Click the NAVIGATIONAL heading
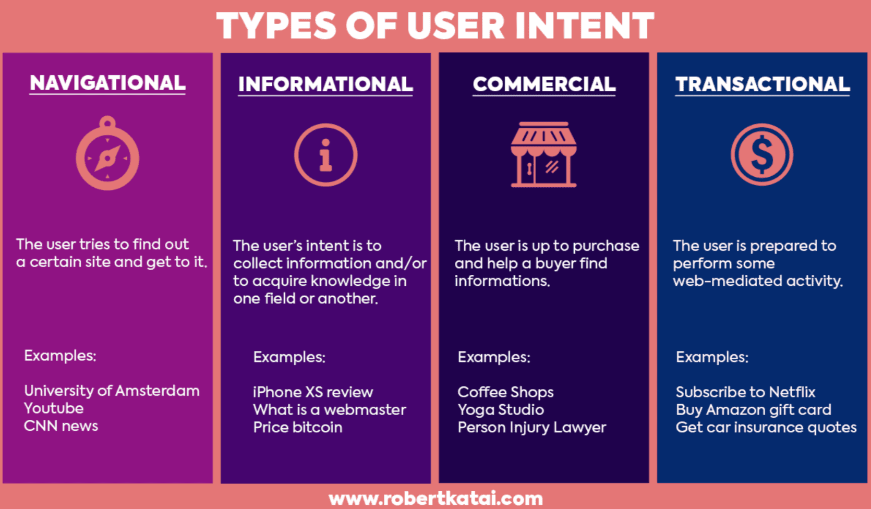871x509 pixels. point(108,83)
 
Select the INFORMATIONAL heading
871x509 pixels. point(325,84)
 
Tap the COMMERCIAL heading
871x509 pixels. point(544,84)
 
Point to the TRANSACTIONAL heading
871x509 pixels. point(763,84)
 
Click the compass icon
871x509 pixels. point(107,153)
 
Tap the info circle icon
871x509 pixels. point(325,155)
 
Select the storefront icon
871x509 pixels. point(543,155)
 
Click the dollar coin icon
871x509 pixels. point(762,154)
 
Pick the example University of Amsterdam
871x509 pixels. point(112,391)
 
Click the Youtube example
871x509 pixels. point(54,408)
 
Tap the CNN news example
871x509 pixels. point(61,426)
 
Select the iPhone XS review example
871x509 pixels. point(313,392)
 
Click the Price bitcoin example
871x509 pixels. point(298,427)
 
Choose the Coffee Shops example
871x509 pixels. point(505,392)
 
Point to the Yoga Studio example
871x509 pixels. point(501,410)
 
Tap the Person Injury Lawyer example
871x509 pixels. point(532,428)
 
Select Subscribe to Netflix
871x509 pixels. point(745,392)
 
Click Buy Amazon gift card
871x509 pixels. point(754,410)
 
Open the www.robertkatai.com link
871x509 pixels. point(435,499)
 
